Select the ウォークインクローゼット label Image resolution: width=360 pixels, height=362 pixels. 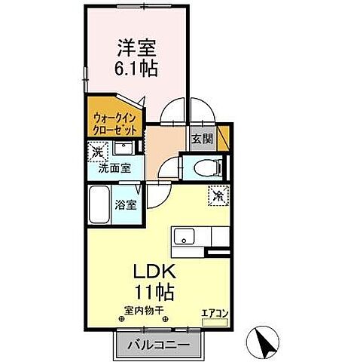[x=115, y=122]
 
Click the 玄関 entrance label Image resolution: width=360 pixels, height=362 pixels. [x=202, y=139]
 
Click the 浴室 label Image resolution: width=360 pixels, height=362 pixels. [x=125, y=204]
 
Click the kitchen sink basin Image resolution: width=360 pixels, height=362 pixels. [x=184, y=238]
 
